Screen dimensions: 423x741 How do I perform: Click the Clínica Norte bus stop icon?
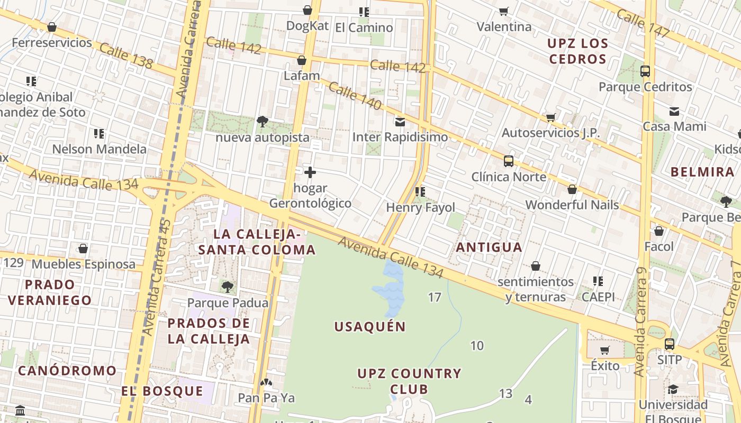coord(508,161)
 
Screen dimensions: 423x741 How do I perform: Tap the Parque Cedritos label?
coord(645,87)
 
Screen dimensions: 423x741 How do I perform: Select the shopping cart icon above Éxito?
coord(605,350)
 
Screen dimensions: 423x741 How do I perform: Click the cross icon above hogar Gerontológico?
coord(310,172)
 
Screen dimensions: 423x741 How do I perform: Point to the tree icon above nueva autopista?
coord(262,122)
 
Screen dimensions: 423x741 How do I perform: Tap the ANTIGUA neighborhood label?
coord(489,247)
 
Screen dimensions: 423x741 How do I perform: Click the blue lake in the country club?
coord(390,288)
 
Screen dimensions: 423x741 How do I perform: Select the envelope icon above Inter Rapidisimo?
coord(400,122)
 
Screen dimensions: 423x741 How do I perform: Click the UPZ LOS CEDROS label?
coord(577,51)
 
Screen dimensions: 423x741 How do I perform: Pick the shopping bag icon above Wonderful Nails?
coord(572,189)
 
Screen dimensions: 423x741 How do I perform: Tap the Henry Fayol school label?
coord(420,207)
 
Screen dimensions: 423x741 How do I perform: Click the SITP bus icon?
coord(669,344)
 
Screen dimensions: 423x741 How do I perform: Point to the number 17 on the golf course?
coord(435,297)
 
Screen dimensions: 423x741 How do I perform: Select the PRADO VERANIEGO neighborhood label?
coord(50,292)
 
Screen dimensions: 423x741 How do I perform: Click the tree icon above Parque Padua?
coord(228,287)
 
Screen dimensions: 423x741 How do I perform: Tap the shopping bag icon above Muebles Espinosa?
coord(83,249)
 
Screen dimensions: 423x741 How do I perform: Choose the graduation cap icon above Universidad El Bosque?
coord(673,390)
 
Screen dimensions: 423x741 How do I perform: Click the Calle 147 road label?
coord(644,24)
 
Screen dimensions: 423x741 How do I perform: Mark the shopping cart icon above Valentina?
coord(504,11)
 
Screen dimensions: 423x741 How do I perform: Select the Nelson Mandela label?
coord(99,149)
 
